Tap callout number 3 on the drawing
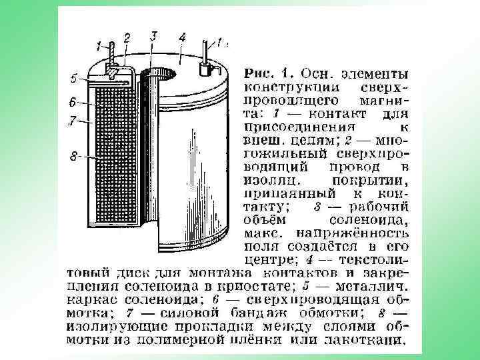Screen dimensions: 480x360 coord(153,34)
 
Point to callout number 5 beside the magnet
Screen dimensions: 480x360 coord(75,78)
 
